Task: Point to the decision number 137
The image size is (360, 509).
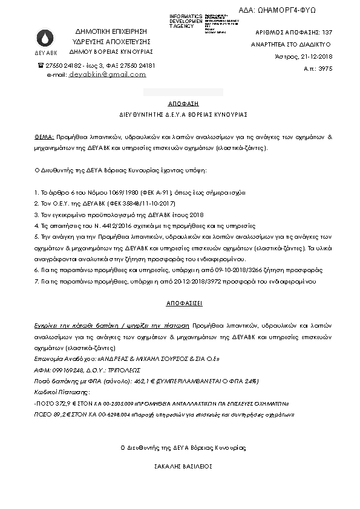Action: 327,31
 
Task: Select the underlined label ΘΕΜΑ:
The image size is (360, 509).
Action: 44,137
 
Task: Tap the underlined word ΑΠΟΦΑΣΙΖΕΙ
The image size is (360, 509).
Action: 179,300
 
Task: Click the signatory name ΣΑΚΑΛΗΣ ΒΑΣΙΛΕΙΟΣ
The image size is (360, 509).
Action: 179,467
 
